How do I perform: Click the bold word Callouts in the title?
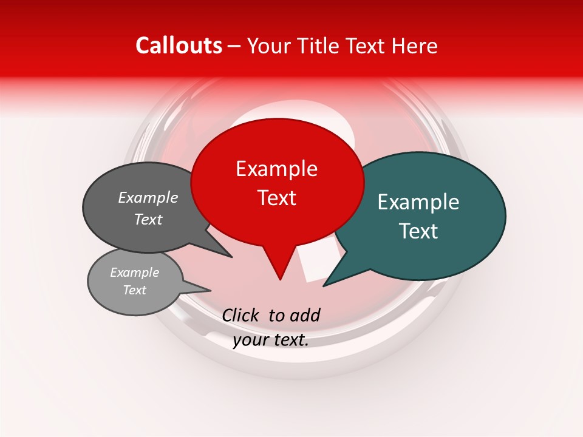[179, 46]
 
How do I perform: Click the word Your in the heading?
[268, 47]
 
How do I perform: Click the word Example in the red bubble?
[276, 169]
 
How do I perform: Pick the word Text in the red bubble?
[276, 198]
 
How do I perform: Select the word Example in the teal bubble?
[418, 202]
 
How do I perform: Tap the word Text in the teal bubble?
[418, 231]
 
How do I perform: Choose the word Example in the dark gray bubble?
[148, 197]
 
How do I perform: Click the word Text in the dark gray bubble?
[148, 220]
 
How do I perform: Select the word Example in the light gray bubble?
[134, 273]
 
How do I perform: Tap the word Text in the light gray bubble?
[134, 290]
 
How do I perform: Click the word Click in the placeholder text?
[240, 315]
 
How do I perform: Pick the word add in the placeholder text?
[305, 315]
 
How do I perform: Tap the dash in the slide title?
[235, 46]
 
